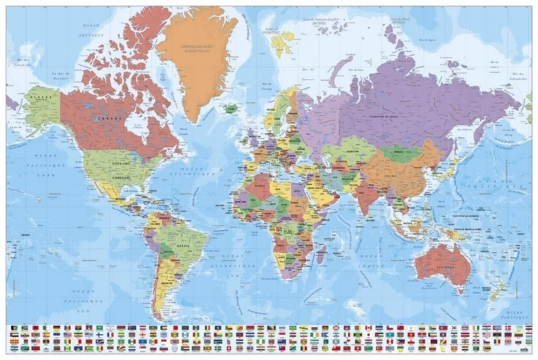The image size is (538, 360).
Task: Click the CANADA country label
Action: pos(98,120)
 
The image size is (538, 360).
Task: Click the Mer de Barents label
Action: pos(306,69)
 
